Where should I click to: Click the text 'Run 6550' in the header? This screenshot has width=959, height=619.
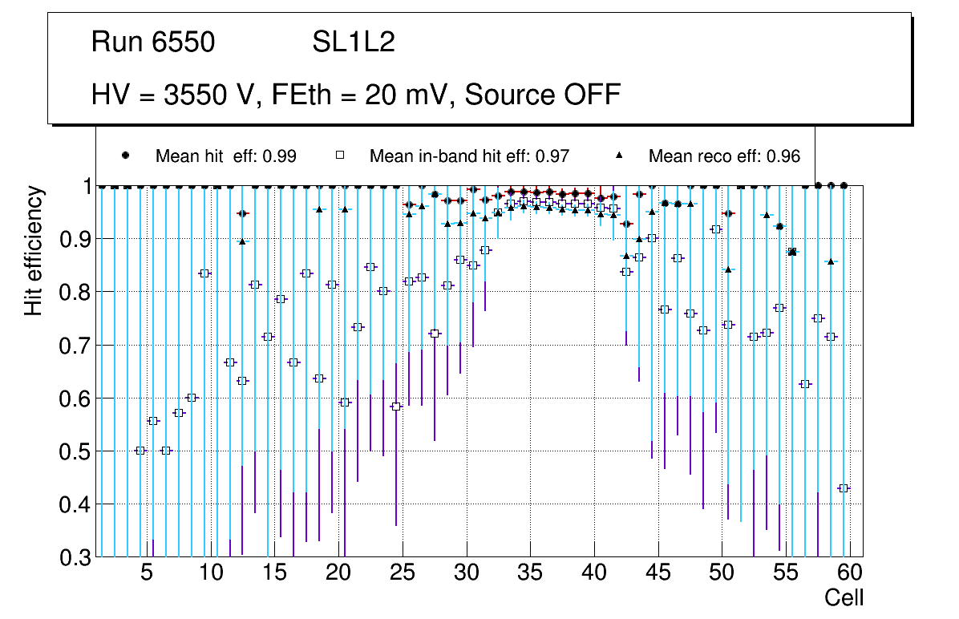[153, 42]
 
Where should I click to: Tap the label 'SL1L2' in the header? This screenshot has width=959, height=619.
[354, 42]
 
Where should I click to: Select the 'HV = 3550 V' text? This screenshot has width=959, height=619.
[172, 95]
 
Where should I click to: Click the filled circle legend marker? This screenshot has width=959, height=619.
[125, 156]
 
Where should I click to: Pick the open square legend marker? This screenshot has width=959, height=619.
[339, 156]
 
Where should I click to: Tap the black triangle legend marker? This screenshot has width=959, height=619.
[622, 156]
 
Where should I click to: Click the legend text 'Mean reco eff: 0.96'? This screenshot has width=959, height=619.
[724, 156]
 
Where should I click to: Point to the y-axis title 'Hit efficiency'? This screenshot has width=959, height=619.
[33, 250]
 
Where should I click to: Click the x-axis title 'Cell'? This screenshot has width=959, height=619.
[844, 597]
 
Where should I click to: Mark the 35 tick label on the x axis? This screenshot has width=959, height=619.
[530, 573]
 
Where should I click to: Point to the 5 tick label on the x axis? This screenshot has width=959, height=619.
[146, 573]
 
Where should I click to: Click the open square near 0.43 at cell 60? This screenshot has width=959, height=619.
[844, 488]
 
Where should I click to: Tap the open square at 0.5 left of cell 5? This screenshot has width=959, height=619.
[140, 451]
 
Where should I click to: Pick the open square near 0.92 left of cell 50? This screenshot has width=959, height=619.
[716, 229]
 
